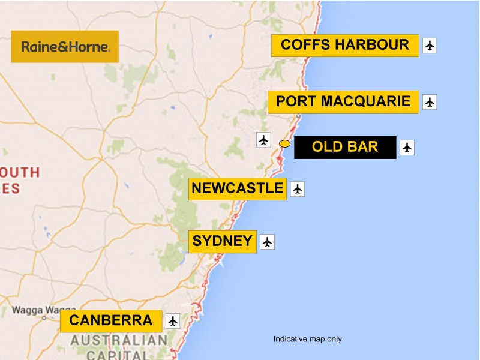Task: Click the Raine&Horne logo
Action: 65,47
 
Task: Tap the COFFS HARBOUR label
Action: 345,45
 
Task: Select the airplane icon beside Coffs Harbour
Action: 430,46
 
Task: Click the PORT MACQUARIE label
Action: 343,101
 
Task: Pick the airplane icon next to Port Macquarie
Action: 430,102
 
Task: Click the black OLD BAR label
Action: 345,147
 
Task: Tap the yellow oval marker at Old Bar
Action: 285,143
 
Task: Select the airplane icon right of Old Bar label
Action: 407,147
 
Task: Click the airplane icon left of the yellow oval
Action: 264,140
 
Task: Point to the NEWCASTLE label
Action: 237,188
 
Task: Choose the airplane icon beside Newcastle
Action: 298,189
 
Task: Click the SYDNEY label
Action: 222,241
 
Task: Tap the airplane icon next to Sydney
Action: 268,242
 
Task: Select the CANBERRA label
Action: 111,320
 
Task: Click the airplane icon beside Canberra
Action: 173,321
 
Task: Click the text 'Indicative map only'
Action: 307,339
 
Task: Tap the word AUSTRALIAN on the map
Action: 119,341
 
